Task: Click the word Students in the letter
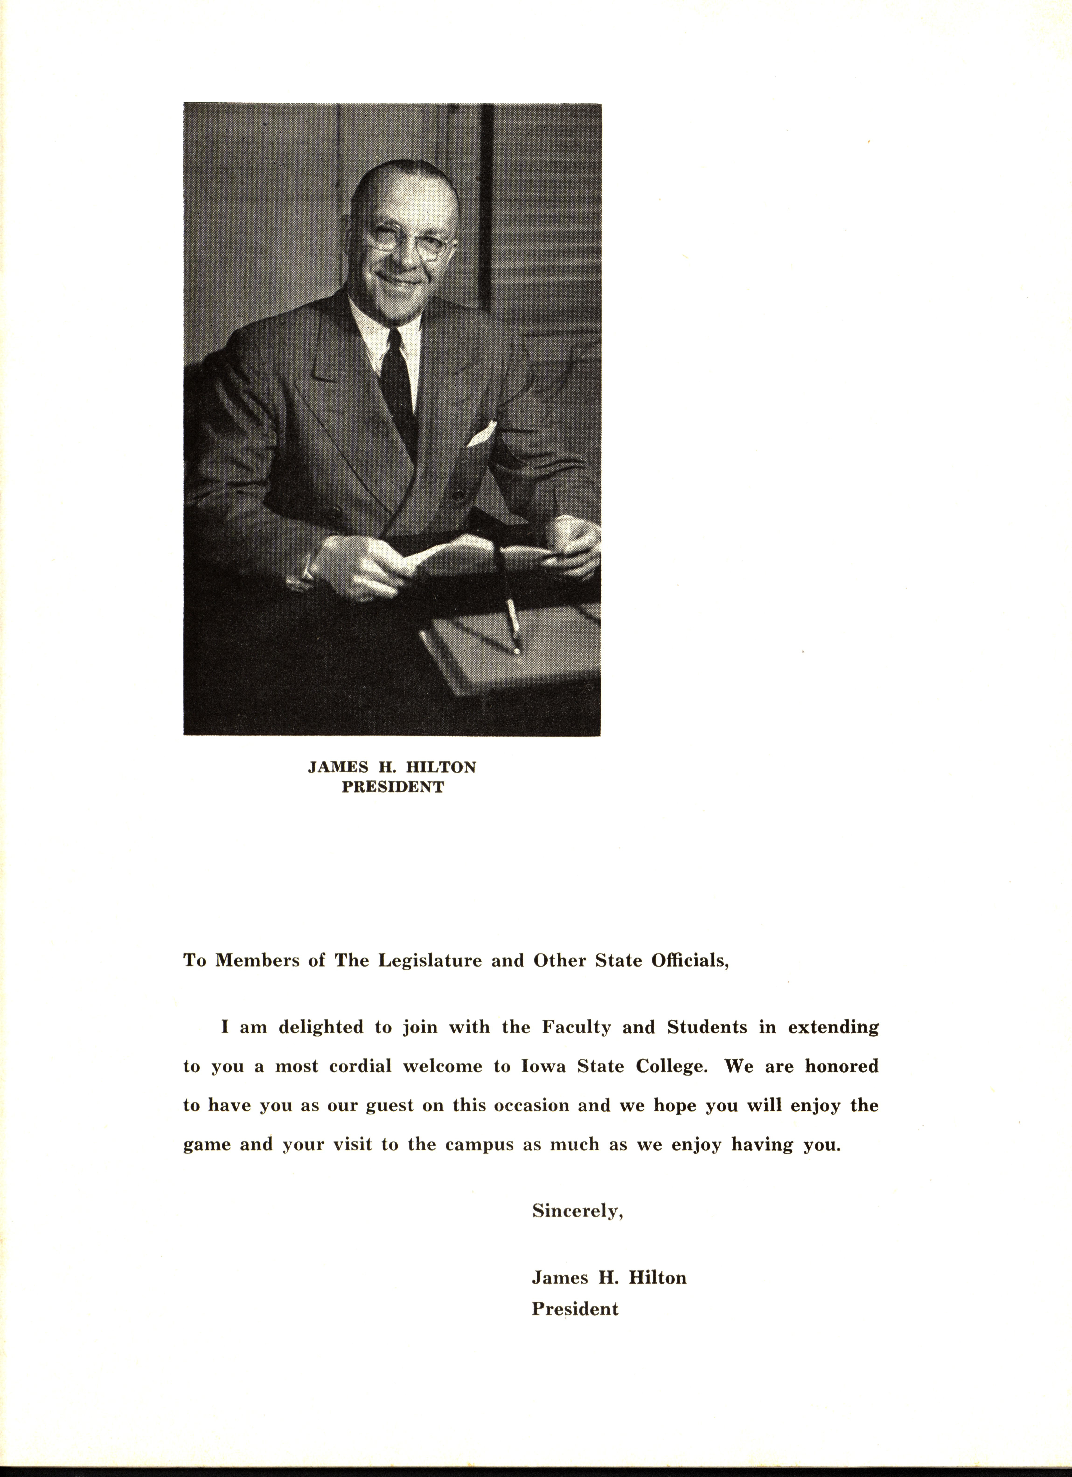[707, 1028]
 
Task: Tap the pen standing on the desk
[512, 625]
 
